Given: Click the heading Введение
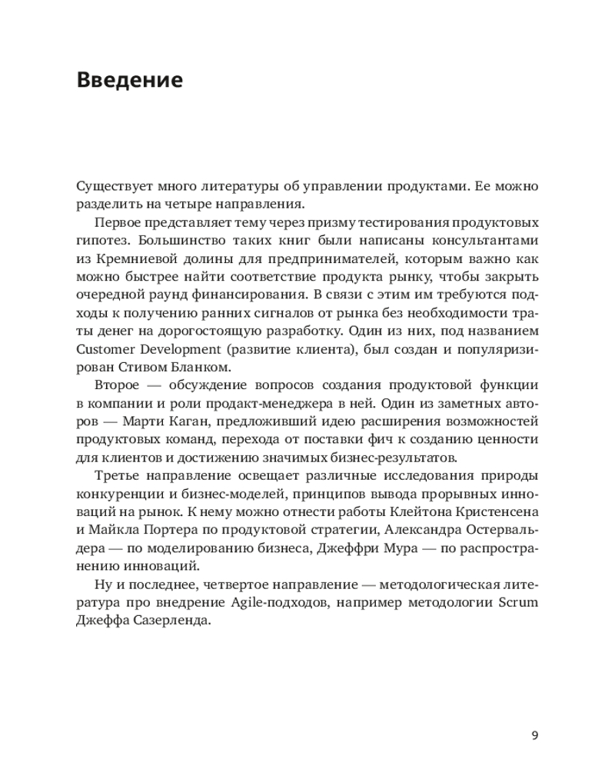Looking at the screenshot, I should point(130,80).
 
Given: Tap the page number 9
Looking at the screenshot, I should point(534,734).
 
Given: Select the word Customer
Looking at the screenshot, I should point(106,348).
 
